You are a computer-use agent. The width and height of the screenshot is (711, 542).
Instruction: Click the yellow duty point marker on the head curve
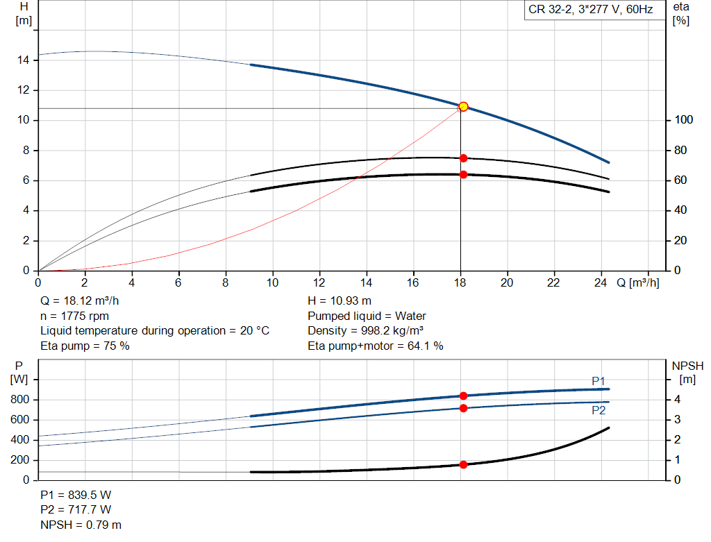[463, 106]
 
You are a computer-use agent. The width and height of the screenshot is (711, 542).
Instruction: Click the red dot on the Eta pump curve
[463, 158]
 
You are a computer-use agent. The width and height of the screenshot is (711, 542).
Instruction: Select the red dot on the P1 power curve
[463, 396]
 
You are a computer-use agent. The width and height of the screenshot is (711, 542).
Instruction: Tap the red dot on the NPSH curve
[463, 464]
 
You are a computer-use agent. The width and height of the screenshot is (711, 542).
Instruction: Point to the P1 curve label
[599, 381]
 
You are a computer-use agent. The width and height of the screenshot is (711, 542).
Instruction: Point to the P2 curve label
[599, 409]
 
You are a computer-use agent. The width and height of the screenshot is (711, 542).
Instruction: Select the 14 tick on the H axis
[23, 60]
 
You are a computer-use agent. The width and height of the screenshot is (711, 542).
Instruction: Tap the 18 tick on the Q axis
[460, 282]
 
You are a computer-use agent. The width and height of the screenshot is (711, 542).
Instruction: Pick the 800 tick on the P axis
[20, 400]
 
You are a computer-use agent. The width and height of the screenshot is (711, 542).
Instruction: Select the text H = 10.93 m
[340, 301]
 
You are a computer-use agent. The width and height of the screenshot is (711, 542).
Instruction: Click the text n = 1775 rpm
[75, 316]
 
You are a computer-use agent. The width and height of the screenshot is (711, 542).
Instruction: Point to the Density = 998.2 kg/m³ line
[366, 330]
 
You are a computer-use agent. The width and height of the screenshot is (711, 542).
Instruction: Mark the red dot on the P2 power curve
[463, 408]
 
